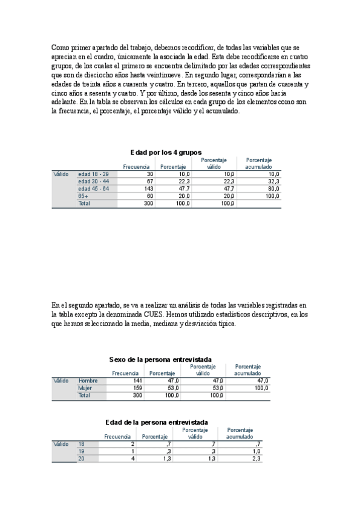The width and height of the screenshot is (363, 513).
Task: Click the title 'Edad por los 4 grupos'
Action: [166, 152]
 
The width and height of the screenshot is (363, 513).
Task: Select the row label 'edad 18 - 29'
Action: [94, 174]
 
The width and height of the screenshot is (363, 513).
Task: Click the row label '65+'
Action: [83, 196]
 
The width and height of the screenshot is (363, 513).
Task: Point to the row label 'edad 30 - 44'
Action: [94, 181]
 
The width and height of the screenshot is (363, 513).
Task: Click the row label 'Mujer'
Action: [85, 388]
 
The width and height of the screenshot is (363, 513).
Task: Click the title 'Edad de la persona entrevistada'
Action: [156, 422]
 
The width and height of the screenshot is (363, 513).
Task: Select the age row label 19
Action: [82, 451]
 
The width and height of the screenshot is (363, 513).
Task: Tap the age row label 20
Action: [82, 459]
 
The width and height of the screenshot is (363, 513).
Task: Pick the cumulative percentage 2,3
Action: [256, 459]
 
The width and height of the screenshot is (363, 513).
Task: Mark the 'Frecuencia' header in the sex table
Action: [125, 373]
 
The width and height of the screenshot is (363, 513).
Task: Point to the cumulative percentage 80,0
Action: [272, 189]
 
